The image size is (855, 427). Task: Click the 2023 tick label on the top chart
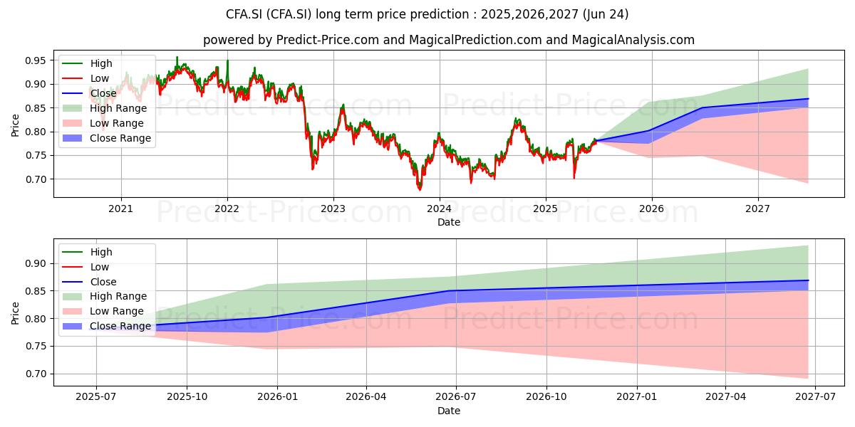click(333, 209)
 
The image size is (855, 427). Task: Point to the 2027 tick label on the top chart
click(757, 209)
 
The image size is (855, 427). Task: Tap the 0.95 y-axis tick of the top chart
click(36, 60)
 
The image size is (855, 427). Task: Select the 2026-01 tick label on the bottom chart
click(277, 396)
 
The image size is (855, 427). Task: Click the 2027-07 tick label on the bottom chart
click(815, 396)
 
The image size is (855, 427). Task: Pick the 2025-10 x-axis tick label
click(187, 396)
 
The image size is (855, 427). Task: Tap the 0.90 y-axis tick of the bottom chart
click(36, 263)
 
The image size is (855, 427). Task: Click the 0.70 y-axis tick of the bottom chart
click(36, 374)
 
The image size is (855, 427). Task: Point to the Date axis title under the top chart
click(448, 222)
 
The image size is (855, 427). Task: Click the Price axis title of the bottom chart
click(15, 313)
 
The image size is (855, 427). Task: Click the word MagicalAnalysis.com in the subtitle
click(633, 40)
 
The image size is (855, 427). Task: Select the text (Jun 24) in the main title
click(606, 14)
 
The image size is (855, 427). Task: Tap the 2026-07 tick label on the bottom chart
click(455, 396)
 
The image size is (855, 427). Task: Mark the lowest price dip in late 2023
click(420, 189)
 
